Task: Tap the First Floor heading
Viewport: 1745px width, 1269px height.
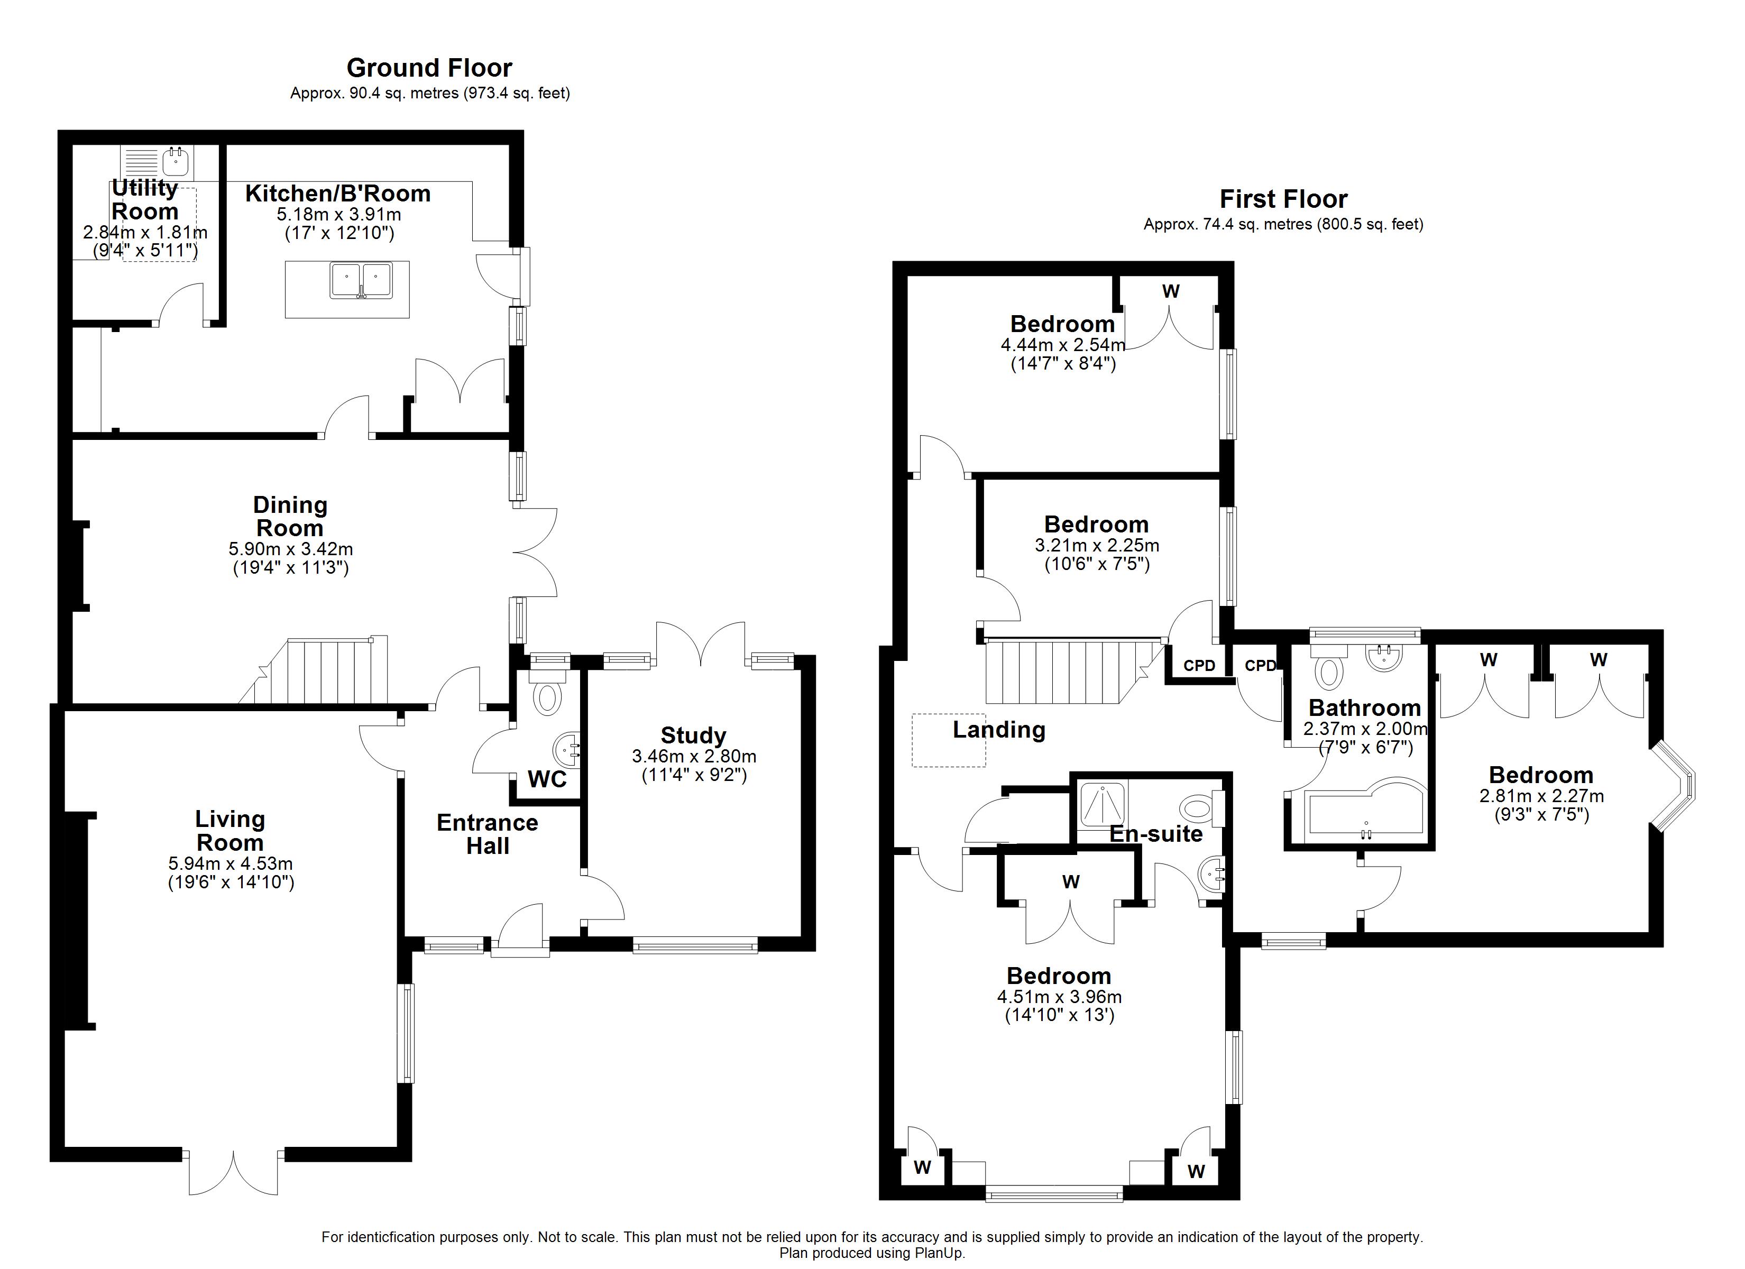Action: tap(1283, 199)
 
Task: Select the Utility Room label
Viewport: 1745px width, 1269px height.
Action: tap(145, 199)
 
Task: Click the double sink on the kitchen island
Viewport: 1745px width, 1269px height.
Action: tap(360, 280)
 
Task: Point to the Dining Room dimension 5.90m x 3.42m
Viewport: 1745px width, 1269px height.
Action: tap(291, 549)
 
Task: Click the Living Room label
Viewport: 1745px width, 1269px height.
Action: tap(230, 830)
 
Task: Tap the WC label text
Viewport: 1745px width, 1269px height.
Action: tap(547, 779)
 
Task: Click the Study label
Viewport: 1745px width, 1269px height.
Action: tap(693, 735)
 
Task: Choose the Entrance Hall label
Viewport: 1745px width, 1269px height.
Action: tap(487, 834)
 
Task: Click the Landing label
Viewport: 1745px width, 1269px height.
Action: tap(999, 730)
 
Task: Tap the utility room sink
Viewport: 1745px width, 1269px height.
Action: tap(176, 162)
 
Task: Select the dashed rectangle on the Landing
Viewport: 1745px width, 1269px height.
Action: tap(949, 740)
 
